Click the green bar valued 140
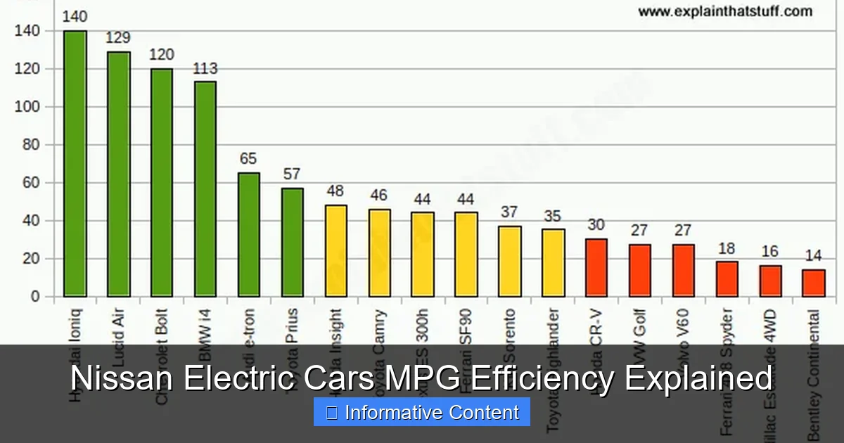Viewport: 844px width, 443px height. tap(75, 163)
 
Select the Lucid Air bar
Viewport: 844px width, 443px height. tap(118, 174)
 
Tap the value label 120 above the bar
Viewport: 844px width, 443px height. tap(162, 55)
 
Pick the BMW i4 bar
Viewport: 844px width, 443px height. tap(205, 188)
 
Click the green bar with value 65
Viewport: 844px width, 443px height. tap(249, 234)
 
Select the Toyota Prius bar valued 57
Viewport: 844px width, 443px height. tap(293, 242)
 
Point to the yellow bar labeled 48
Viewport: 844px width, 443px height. tap(336, 250)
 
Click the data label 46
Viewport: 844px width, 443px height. tap(379, 195)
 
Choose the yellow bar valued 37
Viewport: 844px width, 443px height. tap(510, 261)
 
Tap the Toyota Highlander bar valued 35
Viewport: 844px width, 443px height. tap(554, 262)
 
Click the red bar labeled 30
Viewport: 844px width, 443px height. tap(596, 267)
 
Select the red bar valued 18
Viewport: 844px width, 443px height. tap(727, 278)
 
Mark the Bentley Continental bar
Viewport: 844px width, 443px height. tap(814, 283)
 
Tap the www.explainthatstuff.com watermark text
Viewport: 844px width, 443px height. tap(724, 11)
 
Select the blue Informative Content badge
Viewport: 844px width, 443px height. tap(422, 412)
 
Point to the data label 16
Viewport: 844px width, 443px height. tap(771, 252)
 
